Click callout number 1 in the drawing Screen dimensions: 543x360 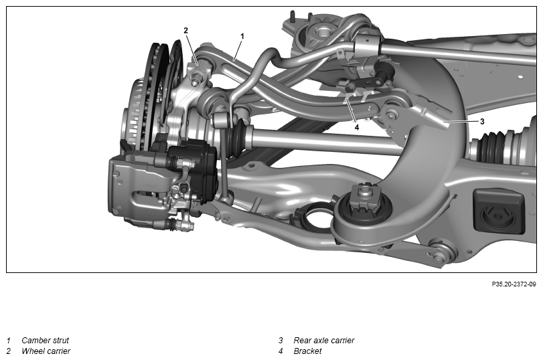(x=242, y=36)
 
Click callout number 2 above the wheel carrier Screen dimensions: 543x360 (x=185, y=31)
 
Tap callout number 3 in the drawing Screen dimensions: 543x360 (x=482, y=121)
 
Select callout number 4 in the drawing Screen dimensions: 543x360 (x=357, y=127)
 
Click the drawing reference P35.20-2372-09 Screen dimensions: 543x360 (x=514, y=284)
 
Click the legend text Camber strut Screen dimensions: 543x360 (x=46, y=341)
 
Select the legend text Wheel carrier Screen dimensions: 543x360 (x=46, y=351)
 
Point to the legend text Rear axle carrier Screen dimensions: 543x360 (x=324, y=341)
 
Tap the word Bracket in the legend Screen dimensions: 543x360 (x=307, y=351)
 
